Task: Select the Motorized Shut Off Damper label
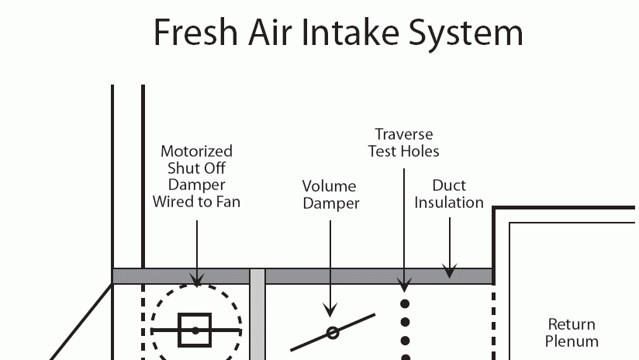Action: (196, 176)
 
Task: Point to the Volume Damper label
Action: (330, 195)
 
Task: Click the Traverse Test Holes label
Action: (403, 143)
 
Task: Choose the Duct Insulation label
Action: (449, 194)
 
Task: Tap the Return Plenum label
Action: (572, 332)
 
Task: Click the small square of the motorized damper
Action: (195, 331)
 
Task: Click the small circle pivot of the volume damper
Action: (333, 333)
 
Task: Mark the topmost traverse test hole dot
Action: (404, 303)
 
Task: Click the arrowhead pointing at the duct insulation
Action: (450, 272)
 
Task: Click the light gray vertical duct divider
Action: (257, 318)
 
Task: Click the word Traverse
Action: (403, 134)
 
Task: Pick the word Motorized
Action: (196, 151)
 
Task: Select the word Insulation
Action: (449, 202)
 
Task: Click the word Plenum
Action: (572, 341)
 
